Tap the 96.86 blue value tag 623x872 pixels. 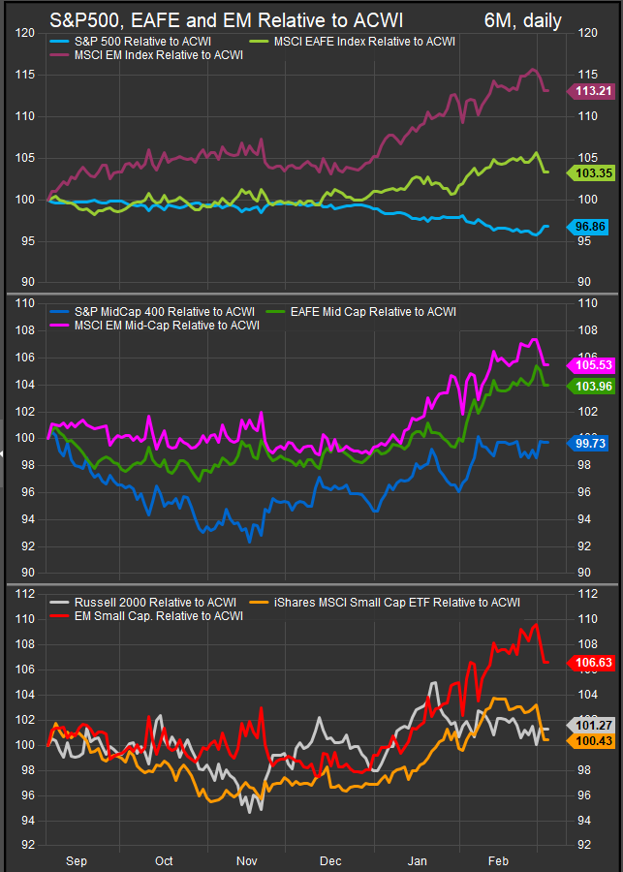tap(588, 226)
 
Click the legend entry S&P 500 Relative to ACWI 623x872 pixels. tap(136, 42)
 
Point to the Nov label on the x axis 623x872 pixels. tap(246, 860)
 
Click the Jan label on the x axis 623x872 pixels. tap(418, 860)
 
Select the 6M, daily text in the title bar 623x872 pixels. tap(522, 20)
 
